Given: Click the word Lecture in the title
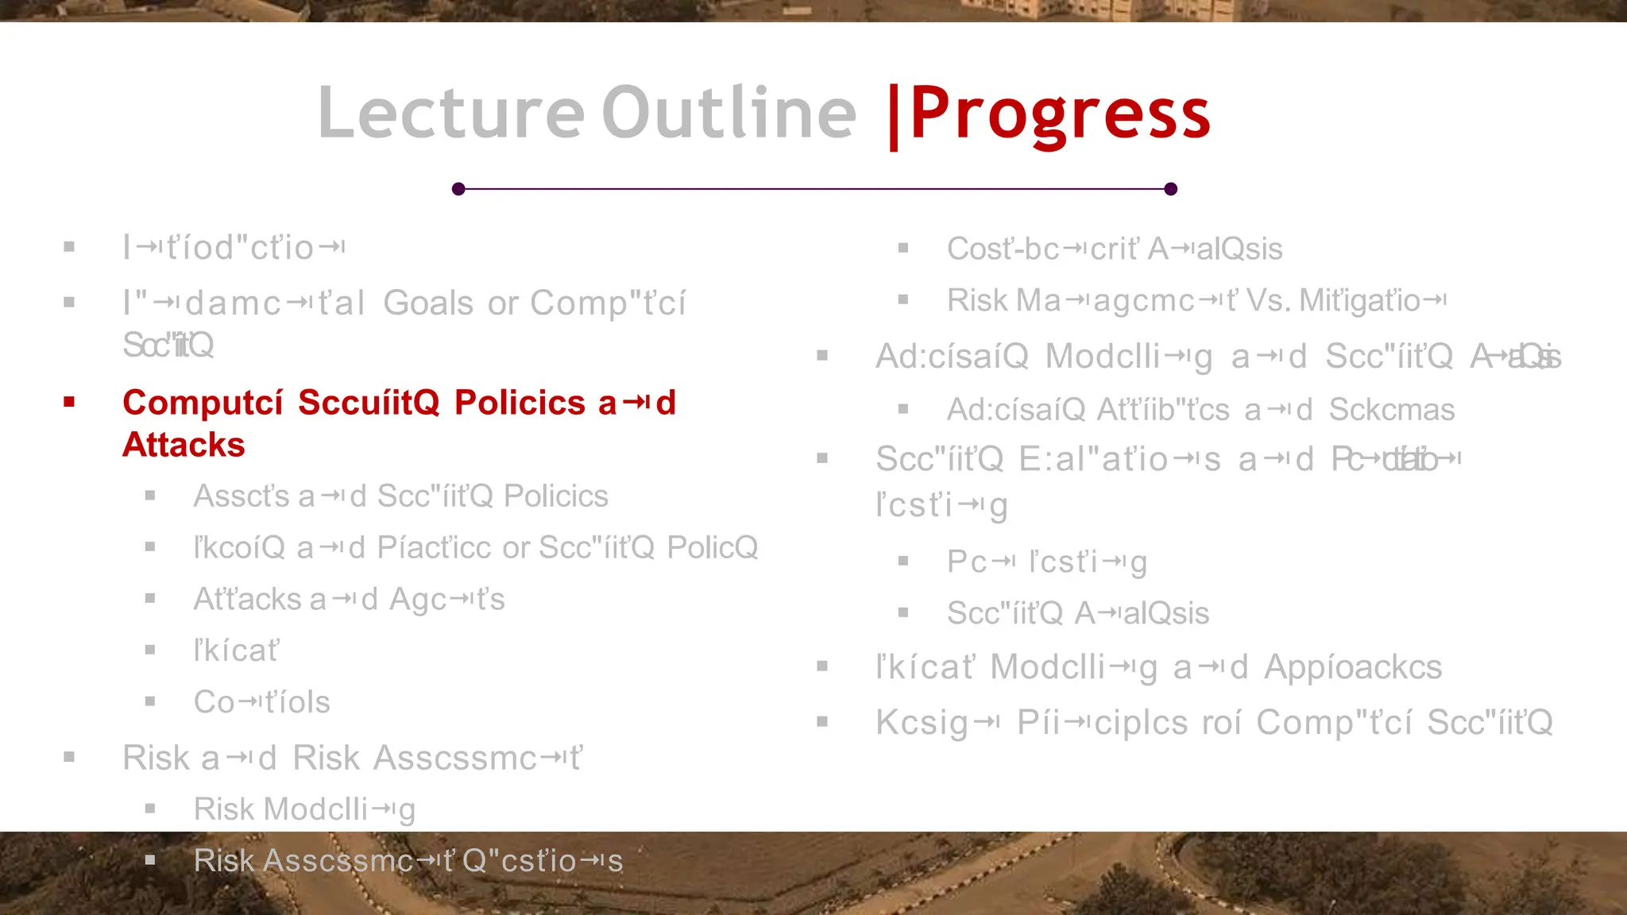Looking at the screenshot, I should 450,113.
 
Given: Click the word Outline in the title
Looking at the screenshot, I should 729,113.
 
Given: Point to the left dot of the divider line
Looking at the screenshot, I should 458,189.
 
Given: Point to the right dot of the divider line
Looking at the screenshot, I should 1170,189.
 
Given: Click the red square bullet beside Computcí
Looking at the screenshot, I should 69,402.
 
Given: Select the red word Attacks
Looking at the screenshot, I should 184,445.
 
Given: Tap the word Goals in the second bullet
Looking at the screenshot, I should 428,303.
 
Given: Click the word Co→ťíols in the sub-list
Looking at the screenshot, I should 261,702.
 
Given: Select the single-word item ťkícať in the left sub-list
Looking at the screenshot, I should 236,651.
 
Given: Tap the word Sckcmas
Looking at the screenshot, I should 1391,410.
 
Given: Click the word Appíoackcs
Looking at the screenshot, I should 1352,667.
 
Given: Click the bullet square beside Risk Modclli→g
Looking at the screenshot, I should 150,809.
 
